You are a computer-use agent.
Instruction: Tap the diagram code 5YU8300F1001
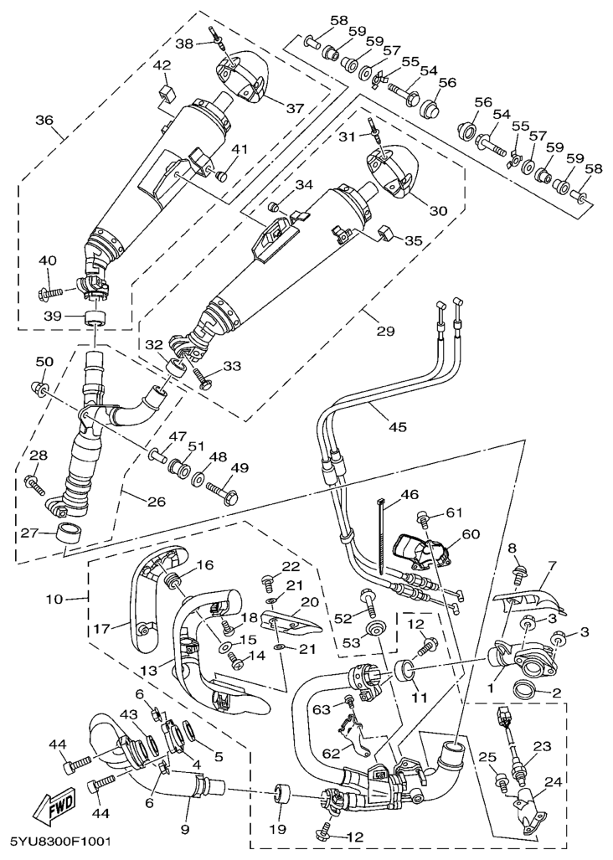60,840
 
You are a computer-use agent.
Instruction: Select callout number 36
44,120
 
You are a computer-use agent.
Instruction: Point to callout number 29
384,332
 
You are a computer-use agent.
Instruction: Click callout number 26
156,502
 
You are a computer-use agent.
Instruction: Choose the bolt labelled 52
368,600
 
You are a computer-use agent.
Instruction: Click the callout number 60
470,533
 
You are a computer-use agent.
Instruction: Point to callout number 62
332,753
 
